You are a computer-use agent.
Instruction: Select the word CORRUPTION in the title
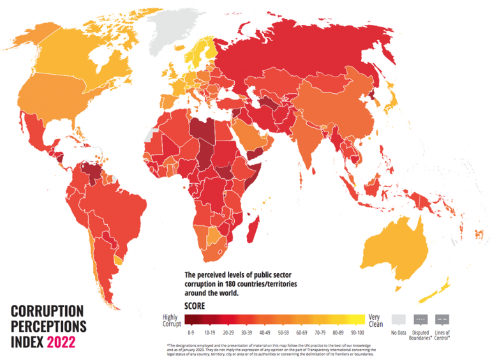point(47,311)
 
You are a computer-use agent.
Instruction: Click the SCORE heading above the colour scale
point(195,306)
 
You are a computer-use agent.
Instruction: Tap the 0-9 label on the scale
point(190,333)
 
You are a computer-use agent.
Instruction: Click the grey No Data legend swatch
point(399,319)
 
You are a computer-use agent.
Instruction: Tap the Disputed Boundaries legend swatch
point(420,319)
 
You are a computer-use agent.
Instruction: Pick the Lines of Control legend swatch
point(442,319)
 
